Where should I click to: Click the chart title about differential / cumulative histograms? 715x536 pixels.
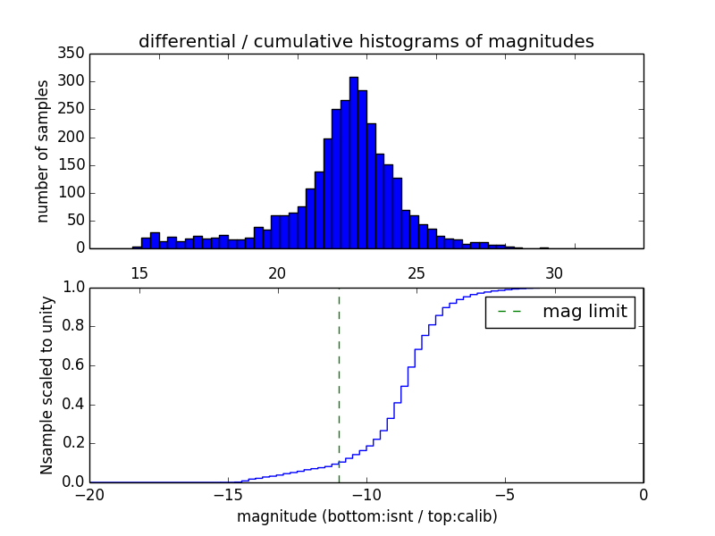[366, 41]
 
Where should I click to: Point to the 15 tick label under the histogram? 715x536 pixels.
[139, 273]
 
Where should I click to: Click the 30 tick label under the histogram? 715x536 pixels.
[554, 273]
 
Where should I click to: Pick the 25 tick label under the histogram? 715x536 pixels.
[416, 273]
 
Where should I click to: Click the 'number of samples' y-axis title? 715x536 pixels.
[43, 151]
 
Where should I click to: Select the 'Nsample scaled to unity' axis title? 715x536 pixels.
[46, 384]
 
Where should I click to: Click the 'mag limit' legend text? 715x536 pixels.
[585, 312]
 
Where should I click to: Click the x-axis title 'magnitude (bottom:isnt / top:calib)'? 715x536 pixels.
[366, 516]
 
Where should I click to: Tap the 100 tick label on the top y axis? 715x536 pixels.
[75, 193]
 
